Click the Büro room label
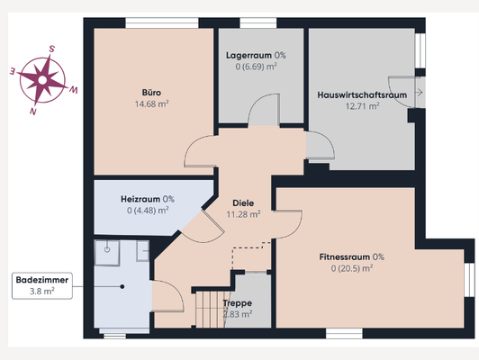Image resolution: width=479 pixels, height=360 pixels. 151,92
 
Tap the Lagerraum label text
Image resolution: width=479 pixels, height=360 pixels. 249,55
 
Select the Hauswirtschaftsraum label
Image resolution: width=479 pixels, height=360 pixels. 362,95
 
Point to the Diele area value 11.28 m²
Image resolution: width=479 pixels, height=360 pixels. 243,214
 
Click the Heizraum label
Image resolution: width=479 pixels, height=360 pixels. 140,199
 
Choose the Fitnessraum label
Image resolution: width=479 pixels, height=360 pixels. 344,256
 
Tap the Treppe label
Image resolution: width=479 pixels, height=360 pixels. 238,303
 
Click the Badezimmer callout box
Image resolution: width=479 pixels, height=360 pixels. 42,285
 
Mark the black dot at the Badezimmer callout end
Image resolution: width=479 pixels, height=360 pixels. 122,287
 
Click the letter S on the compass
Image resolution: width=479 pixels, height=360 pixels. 52,49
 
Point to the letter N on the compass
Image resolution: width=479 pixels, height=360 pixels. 33,111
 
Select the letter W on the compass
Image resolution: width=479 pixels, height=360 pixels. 73,90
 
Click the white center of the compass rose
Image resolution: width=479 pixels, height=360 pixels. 42,80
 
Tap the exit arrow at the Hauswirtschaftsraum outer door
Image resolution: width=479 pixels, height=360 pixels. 419,92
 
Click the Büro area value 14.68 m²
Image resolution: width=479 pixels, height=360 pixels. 152,103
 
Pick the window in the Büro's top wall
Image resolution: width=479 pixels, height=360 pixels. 162,23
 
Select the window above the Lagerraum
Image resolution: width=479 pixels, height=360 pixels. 258,23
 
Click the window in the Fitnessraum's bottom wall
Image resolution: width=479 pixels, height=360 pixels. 344,333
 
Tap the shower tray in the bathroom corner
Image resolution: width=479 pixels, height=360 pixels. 106,253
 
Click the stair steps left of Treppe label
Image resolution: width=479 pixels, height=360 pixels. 211,310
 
